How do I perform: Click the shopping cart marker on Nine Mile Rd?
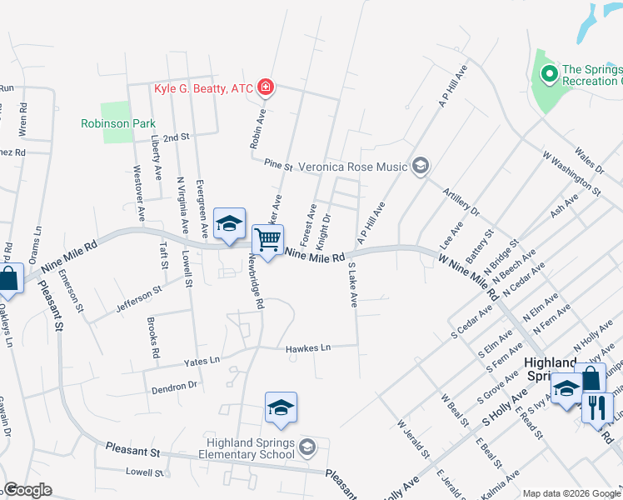click(x=268, y=241)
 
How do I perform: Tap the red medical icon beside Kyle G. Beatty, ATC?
click(x=266, y=87)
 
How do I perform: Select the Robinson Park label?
click(x=118, y=123)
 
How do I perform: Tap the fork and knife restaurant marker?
click(x=597, y=407)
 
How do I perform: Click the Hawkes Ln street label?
click(x=308, y=347)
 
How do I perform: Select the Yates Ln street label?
click(x=202, y=361)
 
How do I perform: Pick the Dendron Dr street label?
click(x=174, y=387)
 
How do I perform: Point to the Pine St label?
click(x=278, y=166)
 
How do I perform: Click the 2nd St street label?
click(x=177, y=137)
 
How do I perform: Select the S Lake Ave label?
click(x=352, y=286)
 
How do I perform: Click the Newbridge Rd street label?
click(x=254, y=283)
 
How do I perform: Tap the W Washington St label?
click(x=571, y=172)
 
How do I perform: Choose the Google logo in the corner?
click(x=27, y=491)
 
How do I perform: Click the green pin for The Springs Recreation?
click(x=549, y=75)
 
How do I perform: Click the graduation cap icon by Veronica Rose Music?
click(x=420, y=166)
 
